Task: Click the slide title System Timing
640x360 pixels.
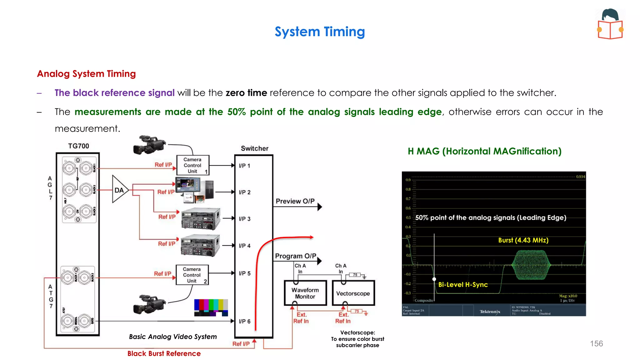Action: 320,32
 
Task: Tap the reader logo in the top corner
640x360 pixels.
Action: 610,24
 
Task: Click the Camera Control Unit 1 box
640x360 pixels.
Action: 192,165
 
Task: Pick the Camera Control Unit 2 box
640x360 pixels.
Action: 192,275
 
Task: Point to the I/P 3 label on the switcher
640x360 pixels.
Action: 244,219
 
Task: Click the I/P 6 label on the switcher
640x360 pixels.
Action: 244,321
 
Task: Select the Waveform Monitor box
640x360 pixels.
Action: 305,293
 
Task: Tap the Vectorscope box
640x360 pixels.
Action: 353,293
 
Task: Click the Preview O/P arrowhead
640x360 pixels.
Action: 320,207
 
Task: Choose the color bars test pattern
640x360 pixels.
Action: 211,307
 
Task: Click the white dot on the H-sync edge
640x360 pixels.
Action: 434,279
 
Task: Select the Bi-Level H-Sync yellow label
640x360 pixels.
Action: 462,285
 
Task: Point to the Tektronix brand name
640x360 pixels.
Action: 490,312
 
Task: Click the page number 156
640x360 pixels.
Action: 596,344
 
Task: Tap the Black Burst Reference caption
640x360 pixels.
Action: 164,354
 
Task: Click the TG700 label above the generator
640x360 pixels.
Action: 78,146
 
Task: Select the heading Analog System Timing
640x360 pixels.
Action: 86,74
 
